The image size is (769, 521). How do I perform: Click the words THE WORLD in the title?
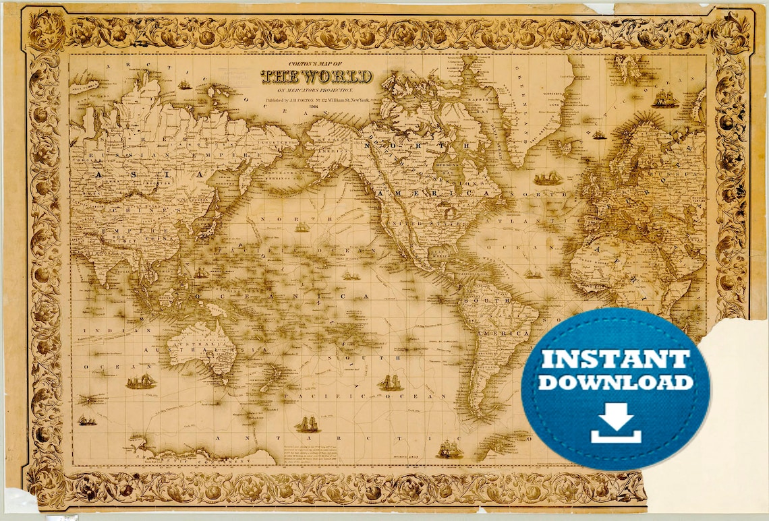(316, 75)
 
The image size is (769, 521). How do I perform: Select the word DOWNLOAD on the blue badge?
(615, 383)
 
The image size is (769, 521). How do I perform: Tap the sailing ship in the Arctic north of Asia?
(184, 85)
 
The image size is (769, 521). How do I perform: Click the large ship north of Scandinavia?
(664, 100)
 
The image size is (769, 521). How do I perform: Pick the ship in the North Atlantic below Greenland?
(548, 179)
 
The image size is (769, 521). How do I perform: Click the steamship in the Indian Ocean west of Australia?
(140, 381)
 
